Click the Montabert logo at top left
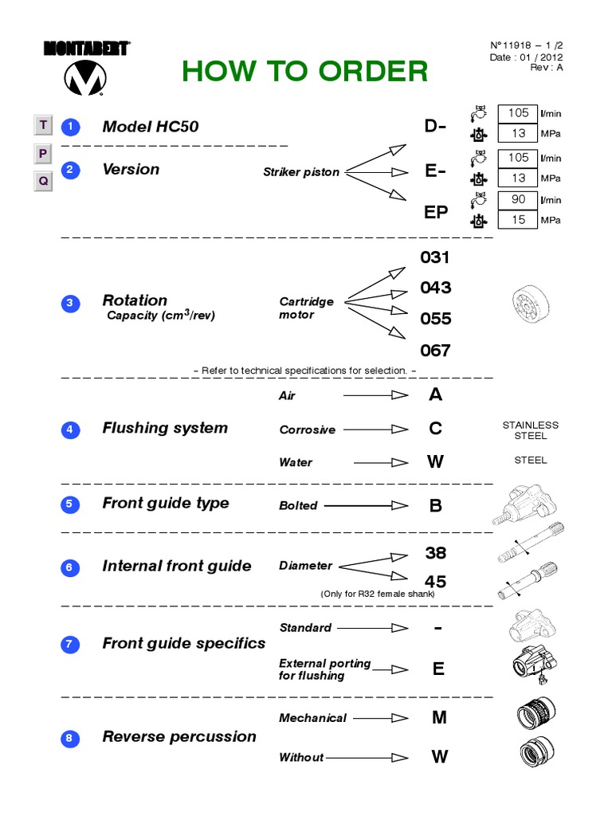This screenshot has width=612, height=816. [86, 69]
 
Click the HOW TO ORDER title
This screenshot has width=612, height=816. [304, 72]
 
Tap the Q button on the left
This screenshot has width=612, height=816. [43, 181]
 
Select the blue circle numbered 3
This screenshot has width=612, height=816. [70, 304]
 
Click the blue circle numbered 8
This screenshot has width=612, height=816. [70, 739]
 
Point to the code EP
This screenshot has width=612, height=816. [436, 212]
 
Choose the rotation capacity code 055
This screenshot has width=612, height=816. [435, 319]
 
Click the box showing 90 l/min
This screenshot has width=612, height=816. [518, 199]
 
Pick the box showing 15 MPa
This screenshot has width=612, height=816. [518, 220]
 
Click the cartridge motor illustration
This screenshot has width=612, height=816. [529, 304]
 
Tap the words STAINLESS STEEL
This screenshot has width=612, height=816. [531, 430]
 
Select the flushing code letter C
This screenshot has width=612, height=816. [435, 429]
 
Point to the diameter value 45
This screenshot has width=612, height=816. [435, 583]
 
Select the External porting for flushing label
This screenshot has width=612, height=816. [324, 669]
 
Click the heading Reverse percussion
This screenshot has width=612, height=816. [179, 737]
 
